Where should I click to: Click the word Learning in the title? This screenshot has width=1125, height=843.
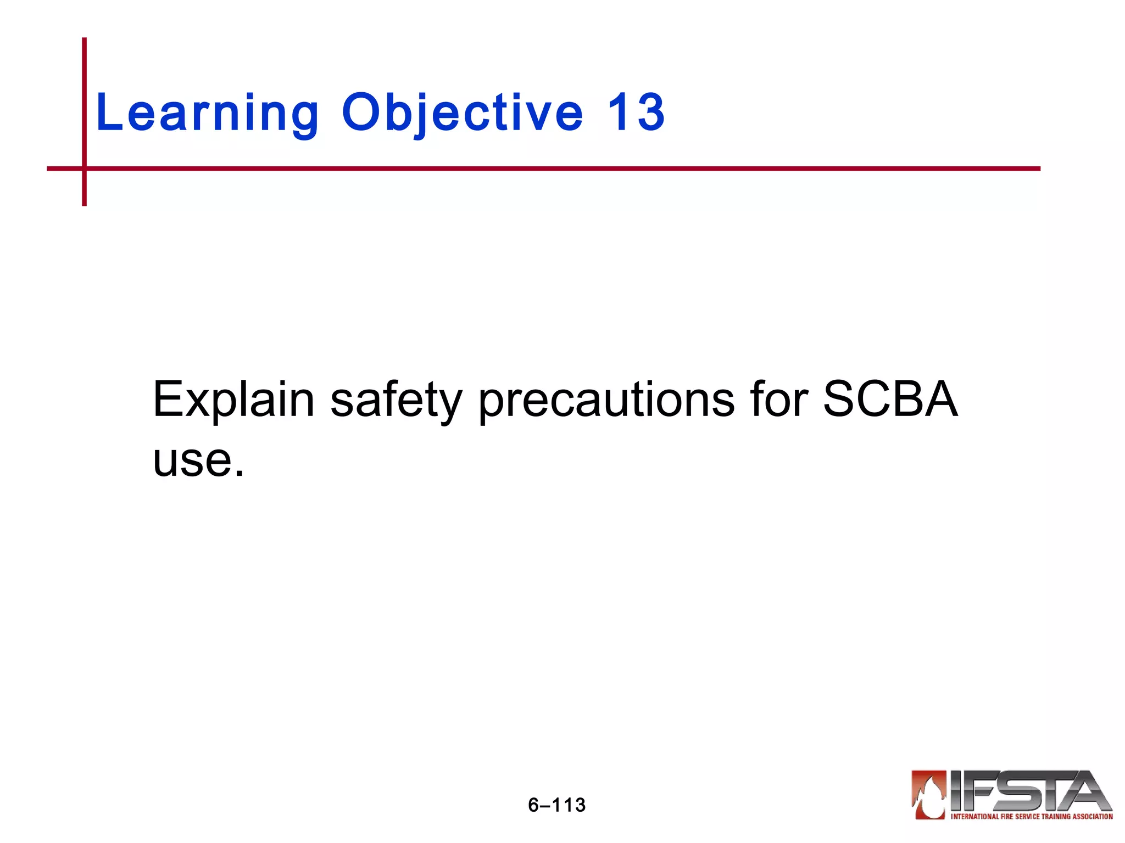coord(207,113)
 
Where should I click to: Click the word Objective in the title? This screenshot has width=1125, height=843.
coord(462,113)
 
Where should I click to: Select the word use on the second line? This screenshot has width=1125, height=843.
coord(193,460)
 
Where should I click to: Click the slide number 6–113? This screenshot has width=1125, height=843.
coord(556,805)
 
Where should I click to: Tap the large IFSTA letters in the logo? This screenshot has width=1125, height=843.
coord(1027,791)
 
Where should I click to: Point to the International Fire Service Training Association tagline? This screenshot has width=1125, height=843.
coord(1032,817)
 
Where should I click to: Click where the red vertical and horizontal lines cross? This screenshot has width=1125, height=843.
coord(84,168)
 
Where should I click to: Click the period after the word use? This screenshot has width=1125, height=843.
coord(239,473)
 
